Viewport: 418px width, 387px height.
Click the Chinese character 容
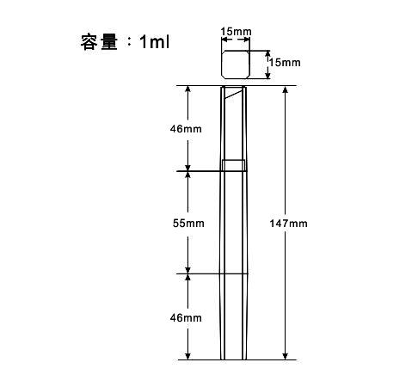(x=88, y=42)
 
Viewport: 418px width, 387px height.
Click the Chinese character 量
(x=109, y=42)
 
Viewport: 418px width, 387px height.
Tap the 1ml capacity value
(x=154, y=42)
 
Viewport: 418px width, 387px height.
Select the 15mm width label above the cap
(x=236, y=31)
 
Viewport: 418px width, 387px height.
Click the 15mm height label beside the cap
(x=285, y=63)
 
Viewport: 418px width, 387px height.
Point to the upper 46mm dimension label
(x=186, y=129)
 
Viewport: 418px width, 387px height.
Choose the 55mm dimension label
(x=188, y=223)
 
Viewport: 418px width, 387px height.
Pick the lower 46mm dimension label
(x=186, y=317)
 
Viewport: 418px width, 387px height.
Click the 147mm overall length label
(x=288, y=224)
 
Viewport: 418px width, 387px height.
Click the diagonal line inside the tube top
(x=233, y=94)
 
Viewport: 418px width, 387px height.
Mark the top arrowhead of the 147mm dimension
(x=285, y=89)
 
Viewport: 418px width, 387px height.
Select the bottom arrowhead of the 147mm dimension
(x=285, y=356)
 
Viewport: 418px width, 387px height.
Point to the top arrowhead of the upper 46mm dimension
(x=187, y=89)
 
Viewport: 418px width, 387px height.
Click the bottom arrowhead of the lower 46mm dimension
(x=187, y=356)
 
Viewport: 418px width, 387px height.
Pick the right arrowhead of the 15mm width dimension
(x=246, y=40)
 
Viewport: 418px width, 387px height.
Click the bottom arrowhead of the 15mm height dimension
(x=267, y=75)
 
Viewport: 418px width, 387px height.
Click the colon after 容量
(x=129, y=42)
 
